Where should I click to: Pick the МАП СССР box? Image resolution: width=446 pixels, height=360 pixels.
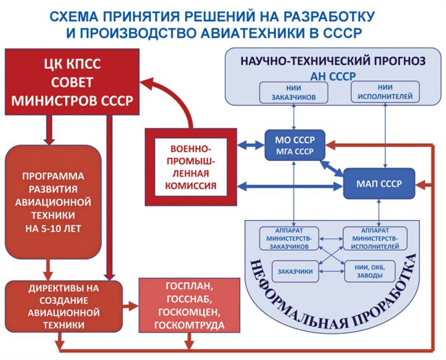pos(379,183)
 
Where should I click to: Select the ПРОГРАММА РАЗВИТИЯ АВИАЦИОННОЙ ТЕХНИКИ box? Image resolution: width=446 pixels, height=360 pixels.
pos(52,204)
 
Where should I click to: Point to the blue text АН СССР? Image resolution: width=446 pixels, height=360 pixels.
pos(332,74)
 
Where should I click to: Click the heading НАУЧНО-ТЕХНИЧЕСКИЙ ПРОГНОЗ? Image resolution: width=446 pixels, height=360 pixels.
pos(333,59)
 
